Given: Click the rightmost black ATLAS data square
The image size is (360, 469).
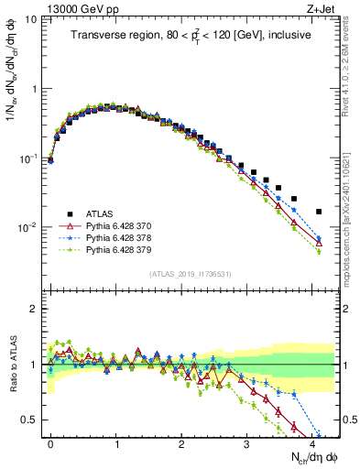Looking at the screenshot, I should (319, 212).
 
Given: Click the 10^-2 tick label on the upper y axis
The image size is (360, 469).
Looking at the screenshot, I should (28, 228).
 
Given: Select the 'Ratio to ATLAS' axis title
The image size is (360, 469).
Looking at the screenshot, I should (11, 365).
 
